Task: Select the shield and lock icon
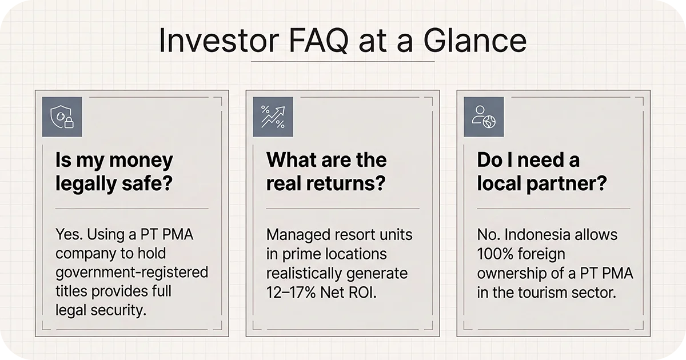(x=62, y=117)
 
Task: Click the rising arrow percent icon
(x=273, y=117)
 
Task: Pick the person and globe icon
(x=484, y=117)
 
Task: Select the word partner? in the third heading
(x=573, y=185)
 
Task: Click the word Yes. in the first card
(x=70, y=235)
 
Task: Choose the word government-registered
(x=131, y=272)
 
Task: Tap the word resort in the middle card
(x=354, y=235)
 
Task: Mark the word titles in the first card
(x=73, y=291)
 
